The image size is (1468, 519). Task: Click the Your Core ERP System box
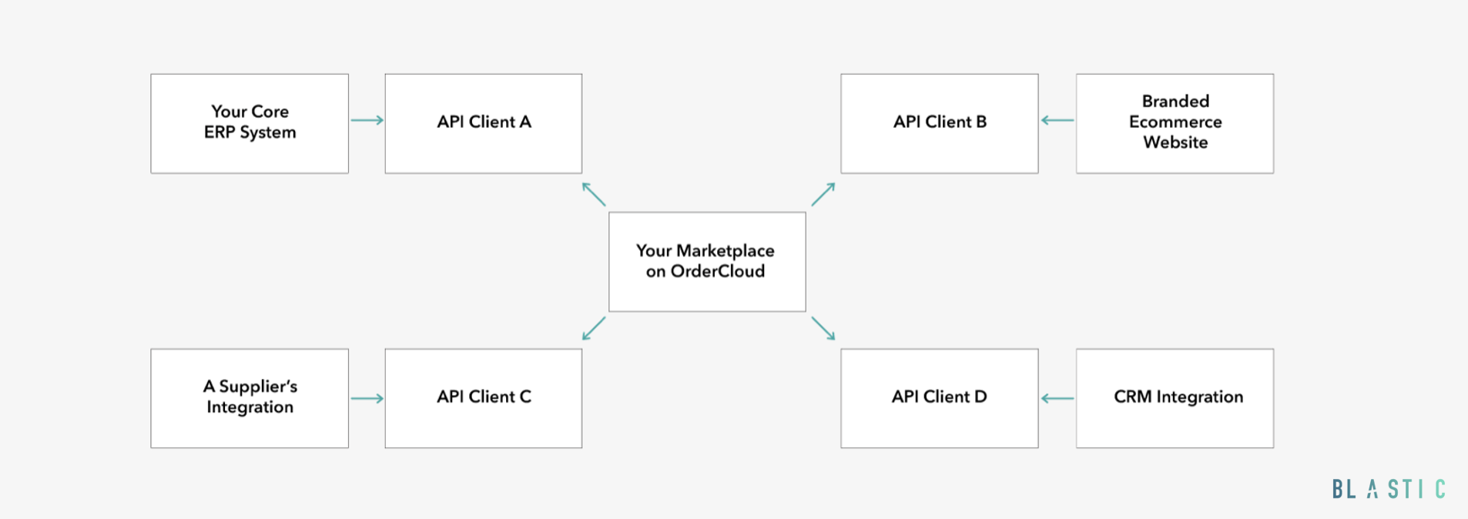click(x=250, y=123)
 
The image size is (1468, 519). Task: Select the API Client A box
click(x=484, y=123)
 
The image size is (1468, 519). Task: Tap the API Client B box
click(x=940, y=123)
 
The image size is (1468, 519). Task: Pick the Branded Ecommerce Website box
click(x=1175, y=123)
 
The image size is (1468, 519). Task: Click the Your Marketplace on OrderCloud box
click(x=707, y=262)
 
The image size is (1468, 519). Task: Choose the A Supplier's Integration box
click(x=250, y=398)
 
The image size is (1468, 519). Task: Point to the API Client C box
click(x=484, y=398)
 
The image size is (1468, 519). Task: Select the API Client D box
click(x=940, y=398)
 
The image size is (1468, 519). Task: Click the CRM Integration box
click(x=1175, y=398)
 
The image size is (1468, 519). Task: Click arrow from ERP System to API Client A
click(x=367, y=120)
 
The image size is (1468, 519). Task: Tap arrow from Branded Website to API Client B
click(x=1057, y=120)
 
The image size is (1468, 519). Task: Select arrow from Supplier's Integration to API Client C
click(x=367, y=398)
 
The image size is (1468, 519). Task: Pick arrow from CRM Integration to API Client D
click(x=1057, y=398)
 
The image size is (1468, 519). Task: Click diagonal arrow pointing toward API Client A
click(x=594, y=194)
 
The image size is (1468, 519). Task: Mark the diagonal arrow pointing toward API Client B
click(x=823, y=194)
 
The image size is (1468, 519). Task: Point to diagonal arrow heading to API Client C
click(x=594, y=328)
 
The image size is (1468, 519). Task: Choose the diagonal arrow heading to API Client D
click(x=823, y=328)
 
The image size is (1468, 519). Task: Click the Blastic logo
click(x=1389, y=489)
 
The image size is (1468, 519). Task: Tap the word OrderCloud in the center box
click(x=718, y=272)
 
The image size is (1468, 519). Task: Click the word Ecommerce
click(x=1175, y=122)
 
